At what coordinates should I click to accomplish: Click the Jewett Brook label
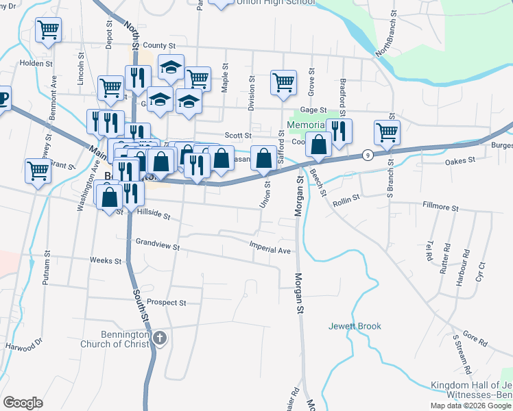pos(355,326)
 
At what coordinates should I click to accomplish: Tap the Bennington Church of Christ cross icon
pos(159,338)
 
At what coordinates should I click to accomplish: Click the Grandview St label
pos(157,242)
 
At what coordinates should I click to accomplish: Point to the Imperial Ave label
pos(270,249)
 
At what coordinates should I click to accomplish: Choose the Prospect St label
pos(167,302)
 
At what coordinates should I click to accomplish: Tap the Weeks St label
pos(105,260)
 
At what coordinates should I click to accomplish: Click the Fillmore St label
pos(440,206)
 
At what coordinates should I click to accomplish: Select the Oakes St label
pos(460,161)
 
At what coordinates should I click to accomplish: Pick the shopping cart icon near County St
pos(48,30)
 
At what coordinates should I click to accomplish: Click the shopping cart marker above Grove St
pos(283,82)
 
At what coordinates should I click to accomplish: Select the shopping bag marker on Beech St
pos(318,145)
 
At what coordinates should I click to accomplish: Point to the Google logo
pos(23,403)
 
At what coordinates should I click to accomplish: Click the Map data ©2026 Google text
pos(471,406)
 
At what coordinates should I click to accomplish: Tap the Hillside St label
pos(154,214)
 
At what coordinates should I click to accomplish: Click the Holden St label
pos(37,63)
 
